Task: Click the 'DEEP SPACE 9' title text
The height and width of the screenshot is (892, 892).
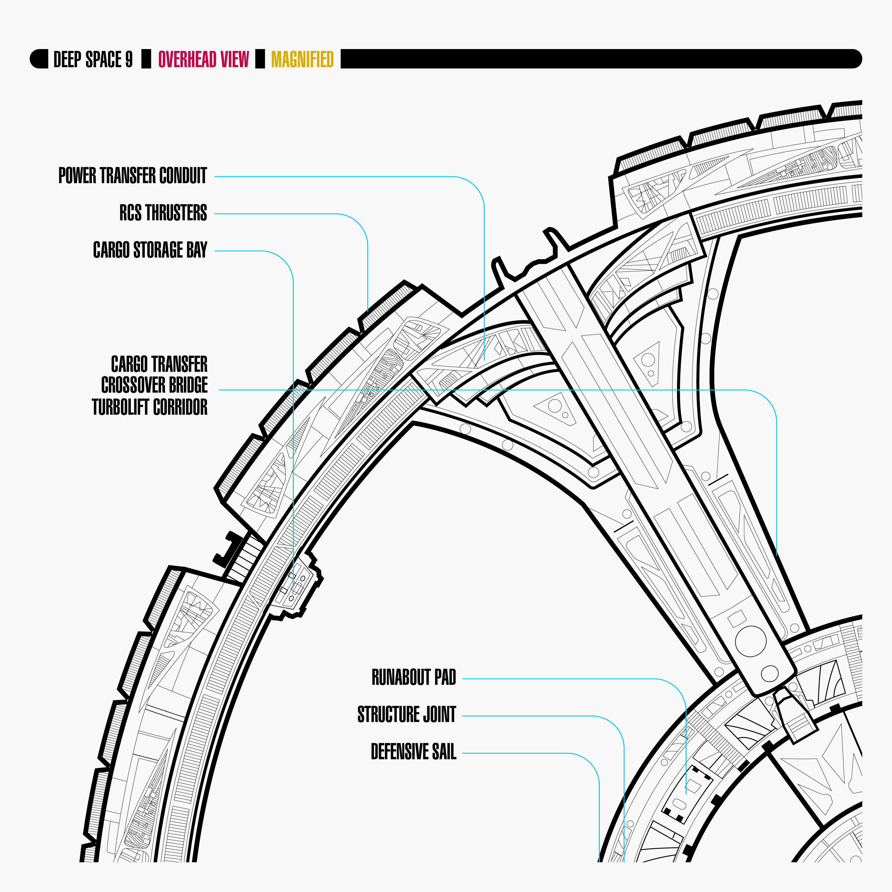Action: pos(93,59)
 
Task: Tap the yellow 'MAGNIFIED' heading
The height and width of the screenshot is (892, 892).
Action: pos(302,59)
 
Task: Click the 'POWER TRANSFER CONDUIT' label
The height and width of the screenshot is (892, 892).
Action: pos(133,175)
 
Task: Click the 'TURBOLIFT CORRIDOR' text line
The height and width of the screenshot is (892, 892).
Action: pos(150,407)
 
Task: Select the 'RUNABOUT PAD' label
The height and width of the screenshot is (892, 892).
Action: pos(414,677)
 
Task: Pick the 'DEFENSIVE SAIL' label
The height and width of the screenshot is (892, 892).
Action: pos(413,752)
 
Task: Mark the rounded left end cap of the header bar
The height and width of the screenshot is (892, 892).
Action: pos(39,59)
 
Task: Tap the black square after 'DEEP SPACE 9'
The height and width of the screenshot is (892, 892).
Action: pos(146,59)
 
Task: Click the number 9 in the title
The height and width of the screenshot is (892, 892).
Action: pos(129,59)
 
